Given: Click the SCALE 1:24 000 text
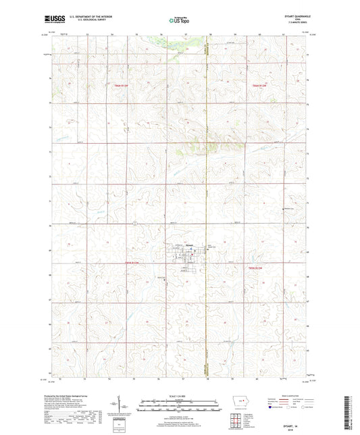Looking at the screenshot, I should pyautogui.click(x=179, y=395).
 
